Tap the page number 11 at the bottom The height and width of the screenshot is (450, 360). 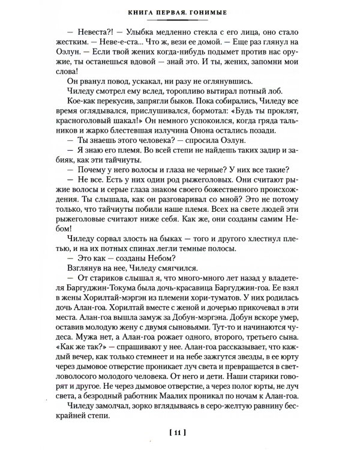click(x=180, y=430)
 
